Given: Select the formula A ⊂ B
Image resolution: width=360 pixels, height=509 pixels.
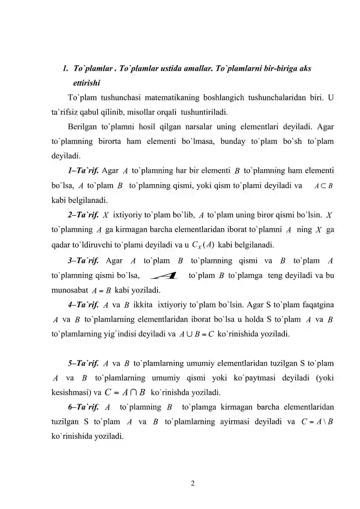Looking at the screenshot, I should point(323,185).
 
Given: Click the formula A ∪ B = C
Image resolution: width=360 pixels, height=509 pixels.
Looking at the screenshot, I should point(196,334).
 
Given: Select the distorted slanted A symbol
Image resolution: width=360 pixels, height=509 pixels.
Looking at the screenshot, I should point(164,275).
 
